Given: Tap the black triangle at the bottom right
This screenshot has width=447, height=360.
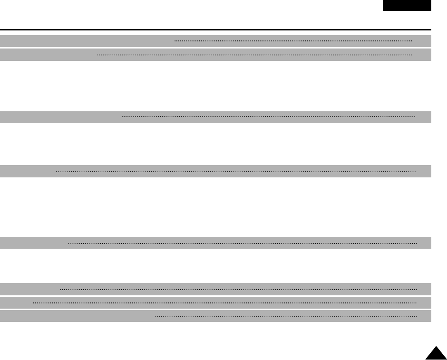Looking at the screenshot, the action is click(x=436, y=354).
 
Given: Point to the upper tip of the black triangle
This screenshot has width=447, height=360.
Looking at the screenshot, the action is click(x=436, y=348).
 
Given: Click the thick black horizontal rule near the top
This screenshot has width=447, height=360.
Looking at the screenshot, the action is click(x=215, y=29).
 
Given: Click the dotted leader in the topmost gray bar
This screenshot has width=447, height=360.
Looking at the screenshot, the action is click(x=293, y=41).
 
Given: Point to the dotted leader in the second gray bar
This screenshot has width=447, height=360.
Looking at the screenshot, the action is click(x=254, y=55).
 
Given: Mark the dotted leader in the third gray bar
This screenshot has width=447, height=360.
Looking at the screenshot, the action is click(x=268, y=117).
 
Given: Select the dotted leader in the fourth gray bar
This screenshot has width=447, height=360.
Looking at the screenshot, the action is click(x=236, y=171).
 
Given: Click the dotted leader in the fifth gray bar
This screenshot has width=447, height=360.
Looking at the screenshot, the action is click(x=242, y=243).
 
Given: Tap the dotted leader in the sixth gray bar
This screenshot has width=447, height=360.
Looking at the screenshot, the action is click(x=238, y=289).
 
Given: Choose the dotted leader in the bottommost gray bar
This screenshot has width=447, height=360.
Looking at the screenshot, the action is click(x=286, y=316).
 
